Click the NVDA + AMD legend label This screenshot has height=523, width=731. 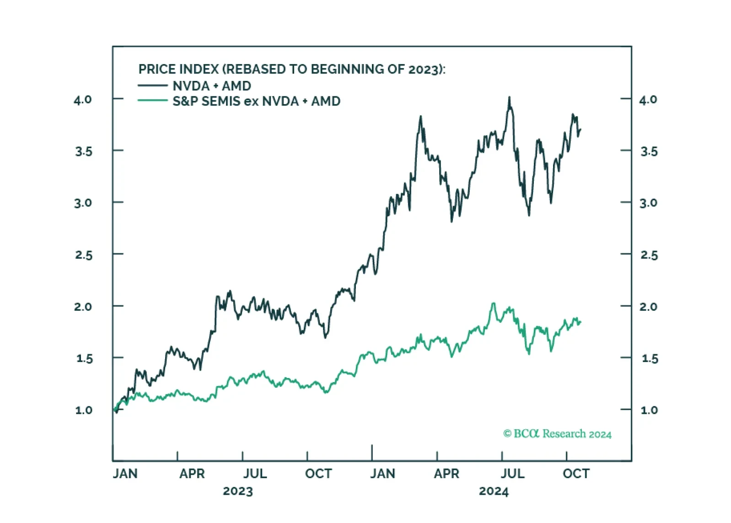point(212,86)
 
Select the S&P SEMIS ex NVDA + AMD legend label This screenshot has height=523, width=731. point(257,101)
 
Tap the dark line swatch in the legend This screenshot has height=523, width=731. point(153,85)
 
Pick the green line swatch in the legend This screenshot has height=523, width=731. point(153,101)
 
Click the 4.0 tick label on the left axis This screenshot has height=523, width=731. point(82,100)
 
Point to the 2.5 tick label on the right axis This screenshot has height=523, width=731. point(649,255)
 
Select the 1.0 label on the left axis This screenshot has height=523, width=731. point(84,410)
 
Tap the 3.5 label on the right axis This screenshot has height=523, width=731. point(649,152)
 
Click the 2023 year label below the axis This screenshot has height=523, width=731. point(238,491)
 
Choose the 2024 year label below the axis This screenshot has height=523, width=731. point(494,491)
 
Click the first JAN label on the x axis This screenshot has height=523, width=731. point(125,474)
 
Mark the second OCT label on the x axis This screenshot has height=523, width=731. point(576,474)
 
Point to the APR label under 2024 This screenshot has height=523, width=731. point(446,474)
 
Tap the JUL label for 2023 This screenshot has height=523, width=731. point(255,474)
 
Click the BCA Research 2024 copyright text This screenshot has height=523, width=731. point(557,434)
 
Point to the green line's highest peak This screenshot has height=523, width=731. point(494,303)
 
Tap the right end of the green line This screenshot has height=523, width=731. point(581,322)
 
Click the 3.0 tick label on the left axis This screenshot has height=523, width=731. point(83,203)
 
